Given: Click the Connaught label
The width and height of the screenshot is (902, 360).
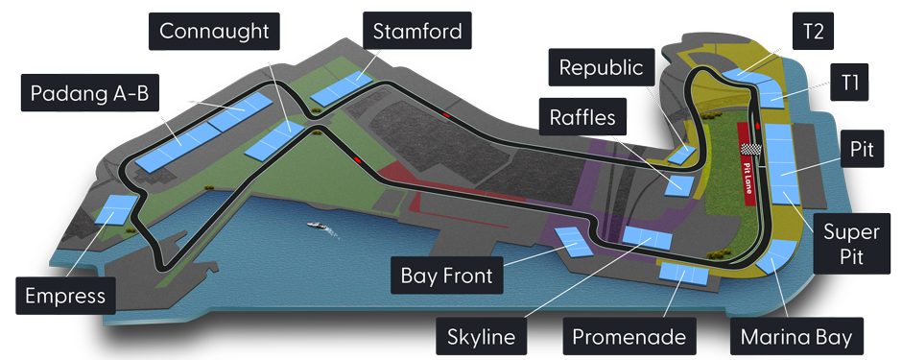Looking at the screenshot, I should tap(214, 31).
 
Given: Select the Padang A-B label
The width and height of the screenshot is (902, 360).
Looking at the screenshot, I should tap(87, 93).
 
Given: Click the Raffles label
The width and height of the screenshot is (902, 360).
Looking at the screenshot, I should tap(586, 117).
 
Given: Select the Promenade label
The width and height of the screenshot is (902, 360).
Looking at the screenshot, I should tap(629, 338).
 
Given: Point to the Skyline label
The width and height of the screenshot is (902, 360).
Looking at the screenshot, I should tap(482, 338).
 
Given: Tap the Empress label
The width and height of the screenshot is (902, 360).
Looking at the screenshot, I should tap(65, 295).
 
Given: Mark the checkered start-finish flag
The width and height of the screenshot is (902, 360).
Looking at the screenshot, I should tap(754, 151).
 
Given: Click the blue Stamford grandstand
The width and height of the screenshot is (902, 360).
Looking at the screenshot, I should tap(341, 87).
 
